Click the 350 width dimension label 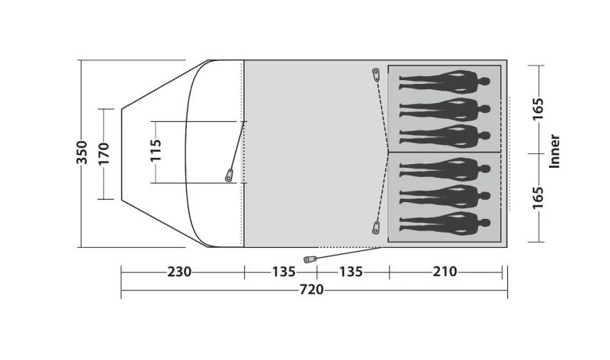(x=82, y=153)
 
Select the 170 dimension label (x=104, y=154)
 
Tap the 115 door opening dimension (x=156, y=150)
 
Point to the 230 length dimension (x=179, y=272)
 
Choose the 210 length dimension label (x=445, y=272)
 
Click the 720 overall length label (x=311, y=290)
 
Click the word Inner (x=554, y=151)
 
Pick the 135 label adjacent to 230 (x=284, y=272)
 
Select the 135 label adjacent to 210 (x=351, y=272)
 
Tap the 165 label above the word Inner (x=538, y=109)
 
